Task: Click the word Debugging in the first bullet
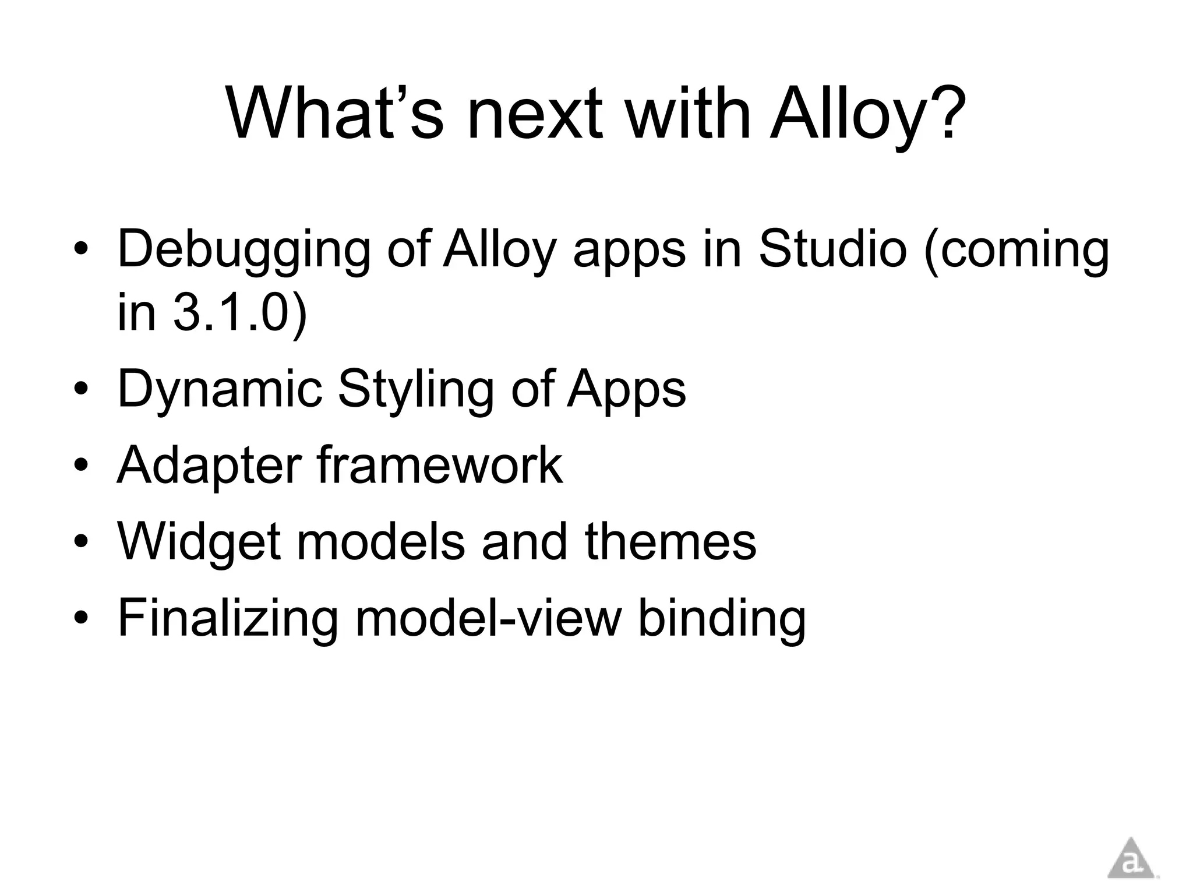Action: (x=243, y=251)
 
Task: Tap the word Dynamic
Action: (x=220, y=389)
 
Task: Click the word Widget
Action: (x=199, y=541)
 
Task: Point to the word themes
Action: (x=670, y=541)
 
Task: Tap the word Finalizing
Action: (x=227, y=618)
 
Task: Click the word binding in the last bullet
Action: (x=722, y=618)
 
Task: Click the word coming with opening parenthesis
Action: (x=1016, y=251)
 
